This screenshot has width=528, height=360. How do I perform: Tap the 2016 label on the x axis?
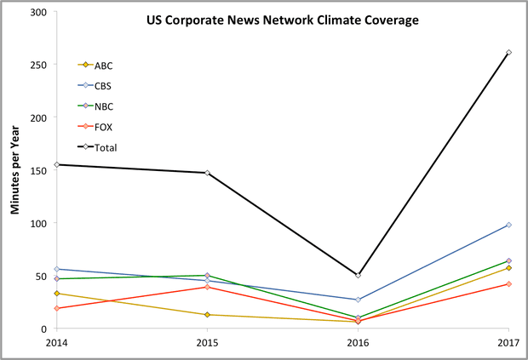[358, 342]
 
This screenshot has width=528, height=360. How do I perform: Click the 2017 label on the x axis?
[508, 342]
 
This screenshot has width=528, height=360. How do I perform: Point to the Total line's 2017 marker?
[508, 53]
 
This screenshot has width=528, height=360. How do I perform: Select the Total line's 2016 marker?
[358, 276]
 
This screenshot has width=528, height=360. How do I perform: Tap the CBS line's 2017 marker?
[508, 225]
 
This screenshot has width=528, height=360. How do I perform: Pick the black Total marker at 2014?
[56, 165]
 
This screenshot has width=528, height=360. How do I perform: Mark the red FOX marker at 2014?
[56, 308]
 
